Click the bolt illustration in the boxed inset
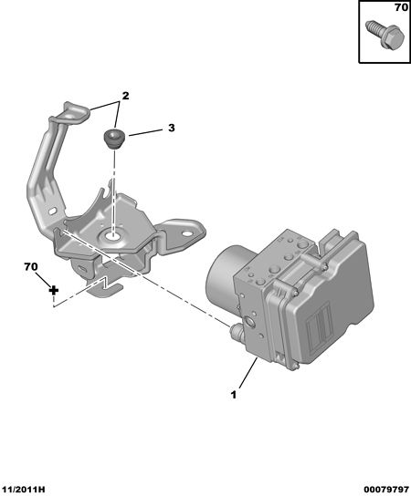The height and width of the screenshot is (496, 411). pos(385,35)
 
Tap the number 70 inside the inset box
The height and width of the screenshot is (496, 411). pos(402,7)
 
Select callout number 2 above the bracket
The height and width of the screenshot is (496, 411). pos(125,96)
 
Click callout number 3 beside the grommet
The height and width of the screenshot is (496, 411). pos(171,128)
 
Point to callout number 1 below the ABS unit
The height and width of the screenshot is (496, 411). pos(234,395)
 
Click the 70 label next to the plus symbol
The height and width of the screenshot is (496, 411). pos(31,267)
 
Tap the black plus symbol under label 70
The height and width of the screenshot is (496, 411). pos(54,290)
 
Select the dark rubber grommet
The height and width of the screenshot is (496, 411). pos(114,139)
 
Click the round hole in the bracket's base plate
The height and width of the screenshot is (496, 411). pos(111,235)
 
